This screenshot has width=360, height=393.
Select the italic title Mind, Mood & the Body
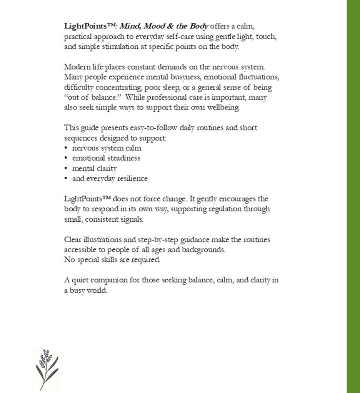click(164, 27)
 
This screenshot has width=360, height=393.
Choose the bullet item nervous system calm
click(107, 148)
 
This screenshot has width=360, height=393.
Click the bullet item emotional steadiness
click(106, 158)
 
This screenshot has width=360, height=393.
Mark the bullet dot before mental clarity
click(66, 168)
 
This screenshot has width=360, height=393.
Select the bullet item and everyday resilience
click(110, 178)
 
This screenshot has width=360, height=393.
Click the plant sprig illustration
click(46, 369)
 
